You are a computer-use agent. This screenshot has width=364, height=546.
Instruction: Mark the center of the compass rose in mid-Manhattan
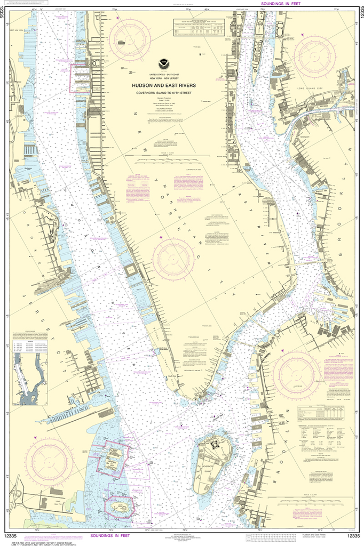[173, 260]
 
